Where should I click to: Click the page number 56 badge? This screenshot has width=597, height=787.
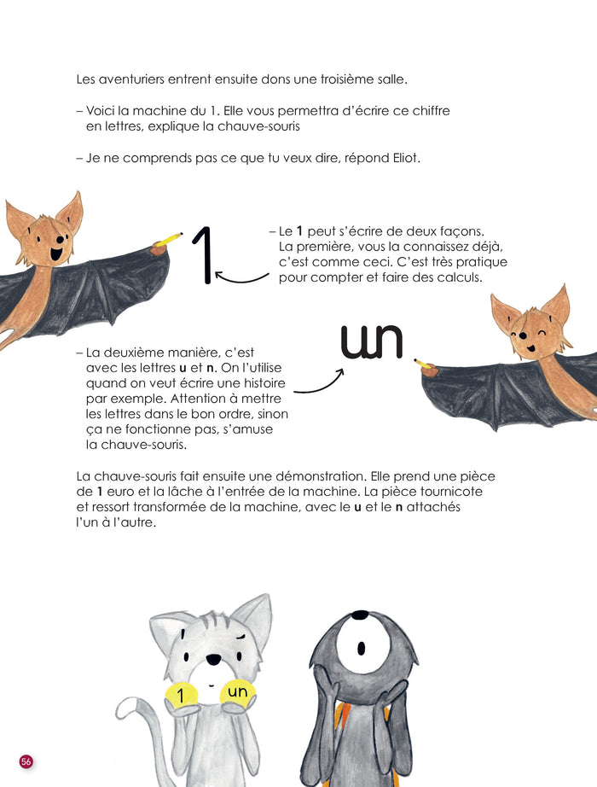(26, 761)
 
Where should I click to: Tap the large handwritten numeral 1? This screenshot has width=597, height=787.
(203, 255)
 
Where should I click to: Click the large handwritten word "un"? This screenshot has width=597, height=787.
(372, 341)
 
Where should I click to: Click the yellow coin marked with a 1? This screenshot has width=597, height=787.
(182, 695)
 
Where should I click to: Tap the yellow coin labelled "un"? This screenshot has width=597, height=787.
(238, 692)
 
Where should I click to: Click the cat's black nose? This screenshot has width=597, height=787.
(214, 658)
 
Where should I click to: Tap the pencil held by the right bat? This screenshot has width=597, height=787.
(425, 364)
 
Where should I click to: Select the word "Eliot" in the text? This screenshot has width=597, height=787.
(404, 158)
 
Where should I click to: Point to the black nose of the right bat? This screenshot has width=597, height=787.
(522, 335)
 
